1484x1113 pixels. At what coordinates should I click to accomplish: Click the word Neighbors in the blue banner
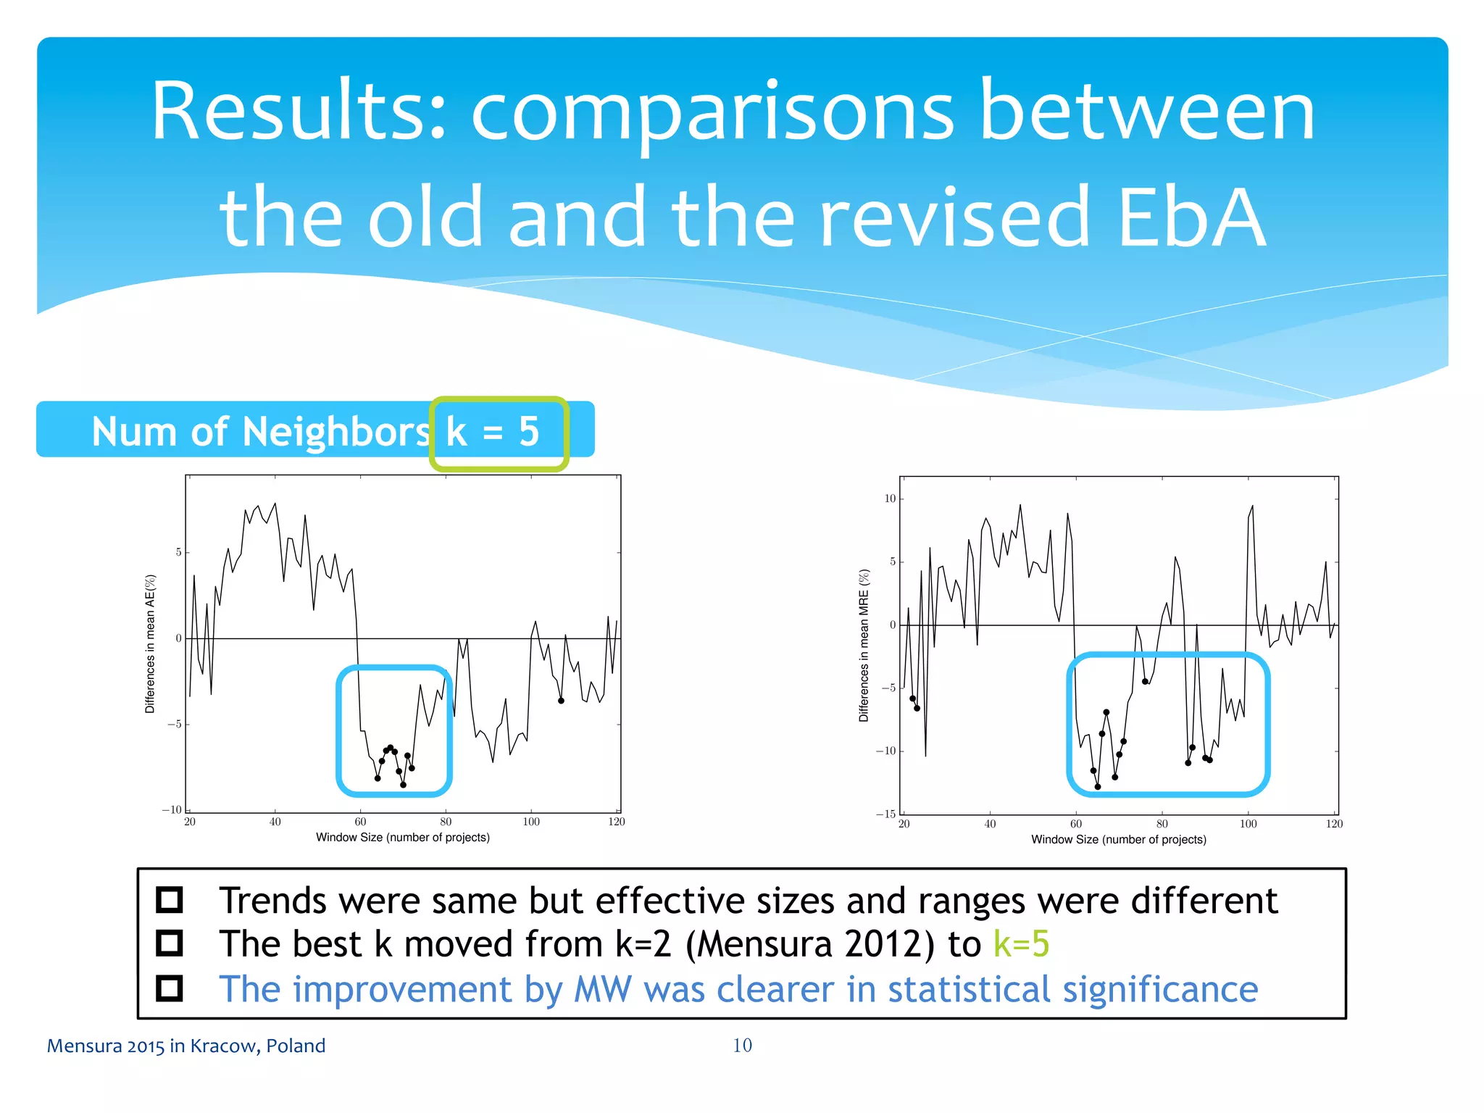336,432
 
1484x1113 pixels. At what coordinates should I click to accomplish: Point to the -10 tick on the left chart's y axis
172,809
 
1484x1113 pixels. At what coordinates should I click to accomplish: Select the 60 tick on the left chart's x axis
360,822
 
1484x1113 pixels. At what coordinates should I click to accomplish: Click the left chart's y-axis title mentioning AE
151,643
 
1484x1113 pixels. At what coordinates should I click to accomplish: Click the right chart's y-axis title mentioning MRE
864,645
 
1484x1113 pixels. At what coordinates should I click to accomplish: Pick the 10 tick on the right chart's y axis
890,499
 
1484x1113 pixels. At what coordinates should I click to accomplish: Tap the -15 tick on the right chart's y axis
886,814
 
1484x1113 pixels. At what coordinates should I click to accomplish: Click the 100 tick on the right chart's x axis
1249,824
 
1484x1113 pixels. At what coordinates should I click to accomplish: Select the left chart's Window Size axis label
403,838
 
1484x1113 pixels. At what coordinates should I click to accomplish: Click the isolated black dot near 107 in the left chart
561,700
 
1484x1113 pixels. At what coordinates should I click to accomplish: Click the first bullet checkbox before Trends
170,899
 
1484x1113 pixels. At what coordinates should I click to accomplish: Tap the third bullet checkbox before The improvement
170,988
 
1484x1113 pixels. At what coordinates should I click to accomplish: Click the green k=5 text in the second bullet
1021,943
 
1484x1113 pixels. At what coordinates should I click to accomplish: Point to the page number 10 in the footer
742,1045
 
